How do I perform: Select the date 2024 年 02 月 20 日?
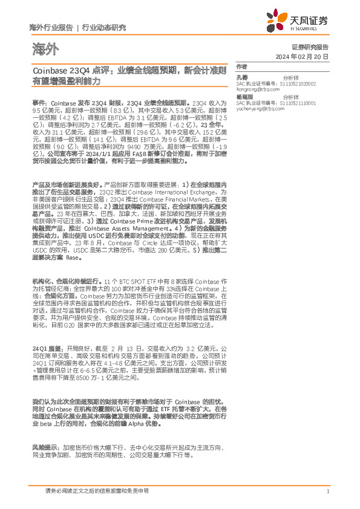point(308,56)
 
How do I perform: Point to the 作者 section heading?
point(241,66)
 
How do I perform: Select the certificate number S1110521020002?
point(286,84)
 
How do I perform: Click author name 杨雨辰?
point(244,97)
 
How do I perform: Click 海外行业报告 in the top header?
point(51,28)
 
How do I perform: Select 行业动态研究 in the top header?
point(103,28)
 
